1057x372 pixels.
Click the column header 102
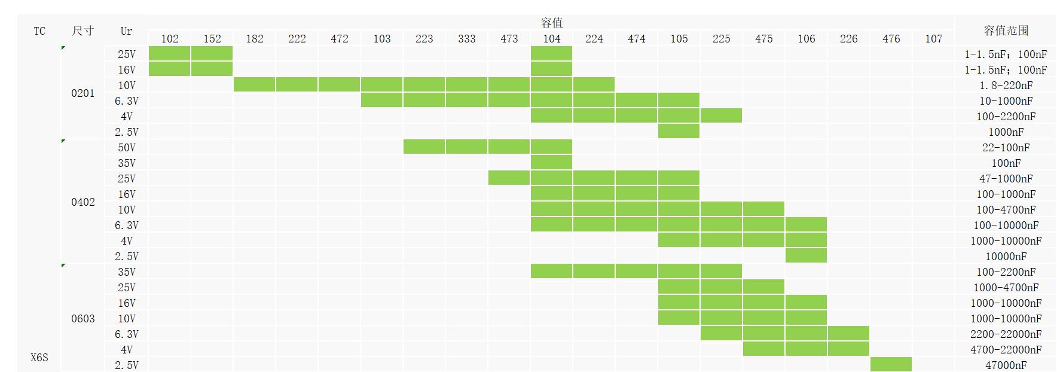pyautogui.click(x=170, y=39)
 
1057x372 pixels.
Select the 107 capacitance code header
pyautogui.click(x=933, y=39)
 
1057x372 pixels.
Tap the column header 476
pyautogui.click(x=891, y=39)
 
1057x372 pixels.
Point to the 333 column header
pyautogui.click(x=466, y=39)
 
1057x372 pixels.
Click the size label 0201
pyautogui.click(x=83, y=93)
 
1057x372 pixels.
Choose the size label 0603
pyautogui.click(x=83, y=319)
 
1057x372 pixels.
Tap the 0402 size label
pyautogui.click(x=83, y=202)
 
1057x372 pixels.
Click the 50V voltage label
pyautogui.click(x=126, y=148)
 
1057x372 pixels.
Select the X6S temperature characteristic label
pyautogui.click(x=39, y=358)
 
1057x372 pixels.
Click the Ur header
pyautogui.click(x=126, y=31)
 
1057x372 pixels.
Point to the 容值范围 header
pyautogui.click(x=1006, y=31)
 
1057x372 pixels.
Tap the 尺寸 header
pyautogui.click(x=83, y=31)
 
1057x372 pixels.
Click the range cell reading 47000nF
pyautogui.click(x=1006, y=365)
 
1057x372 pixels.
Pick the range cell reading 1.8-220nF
pyautogui.click(x=1006, y=86)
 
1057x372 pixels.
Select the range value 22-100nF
pyautogui.click(x=1006, y=148)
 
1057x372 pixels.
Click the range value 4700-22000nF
pyautogui.click(x=1006, y=350)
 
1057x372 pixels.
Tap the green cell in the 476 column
pyautogui.click(x=891, y=364)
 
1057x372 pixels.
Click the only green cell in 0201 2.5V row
pyautogui.click(x=679, y=131)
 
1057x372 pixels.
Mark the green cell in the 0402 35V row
pyautogui.click(x=551, y=162)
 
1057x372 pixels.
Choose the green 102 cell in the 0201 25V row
pyautogui.click(x=169, y=53)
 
